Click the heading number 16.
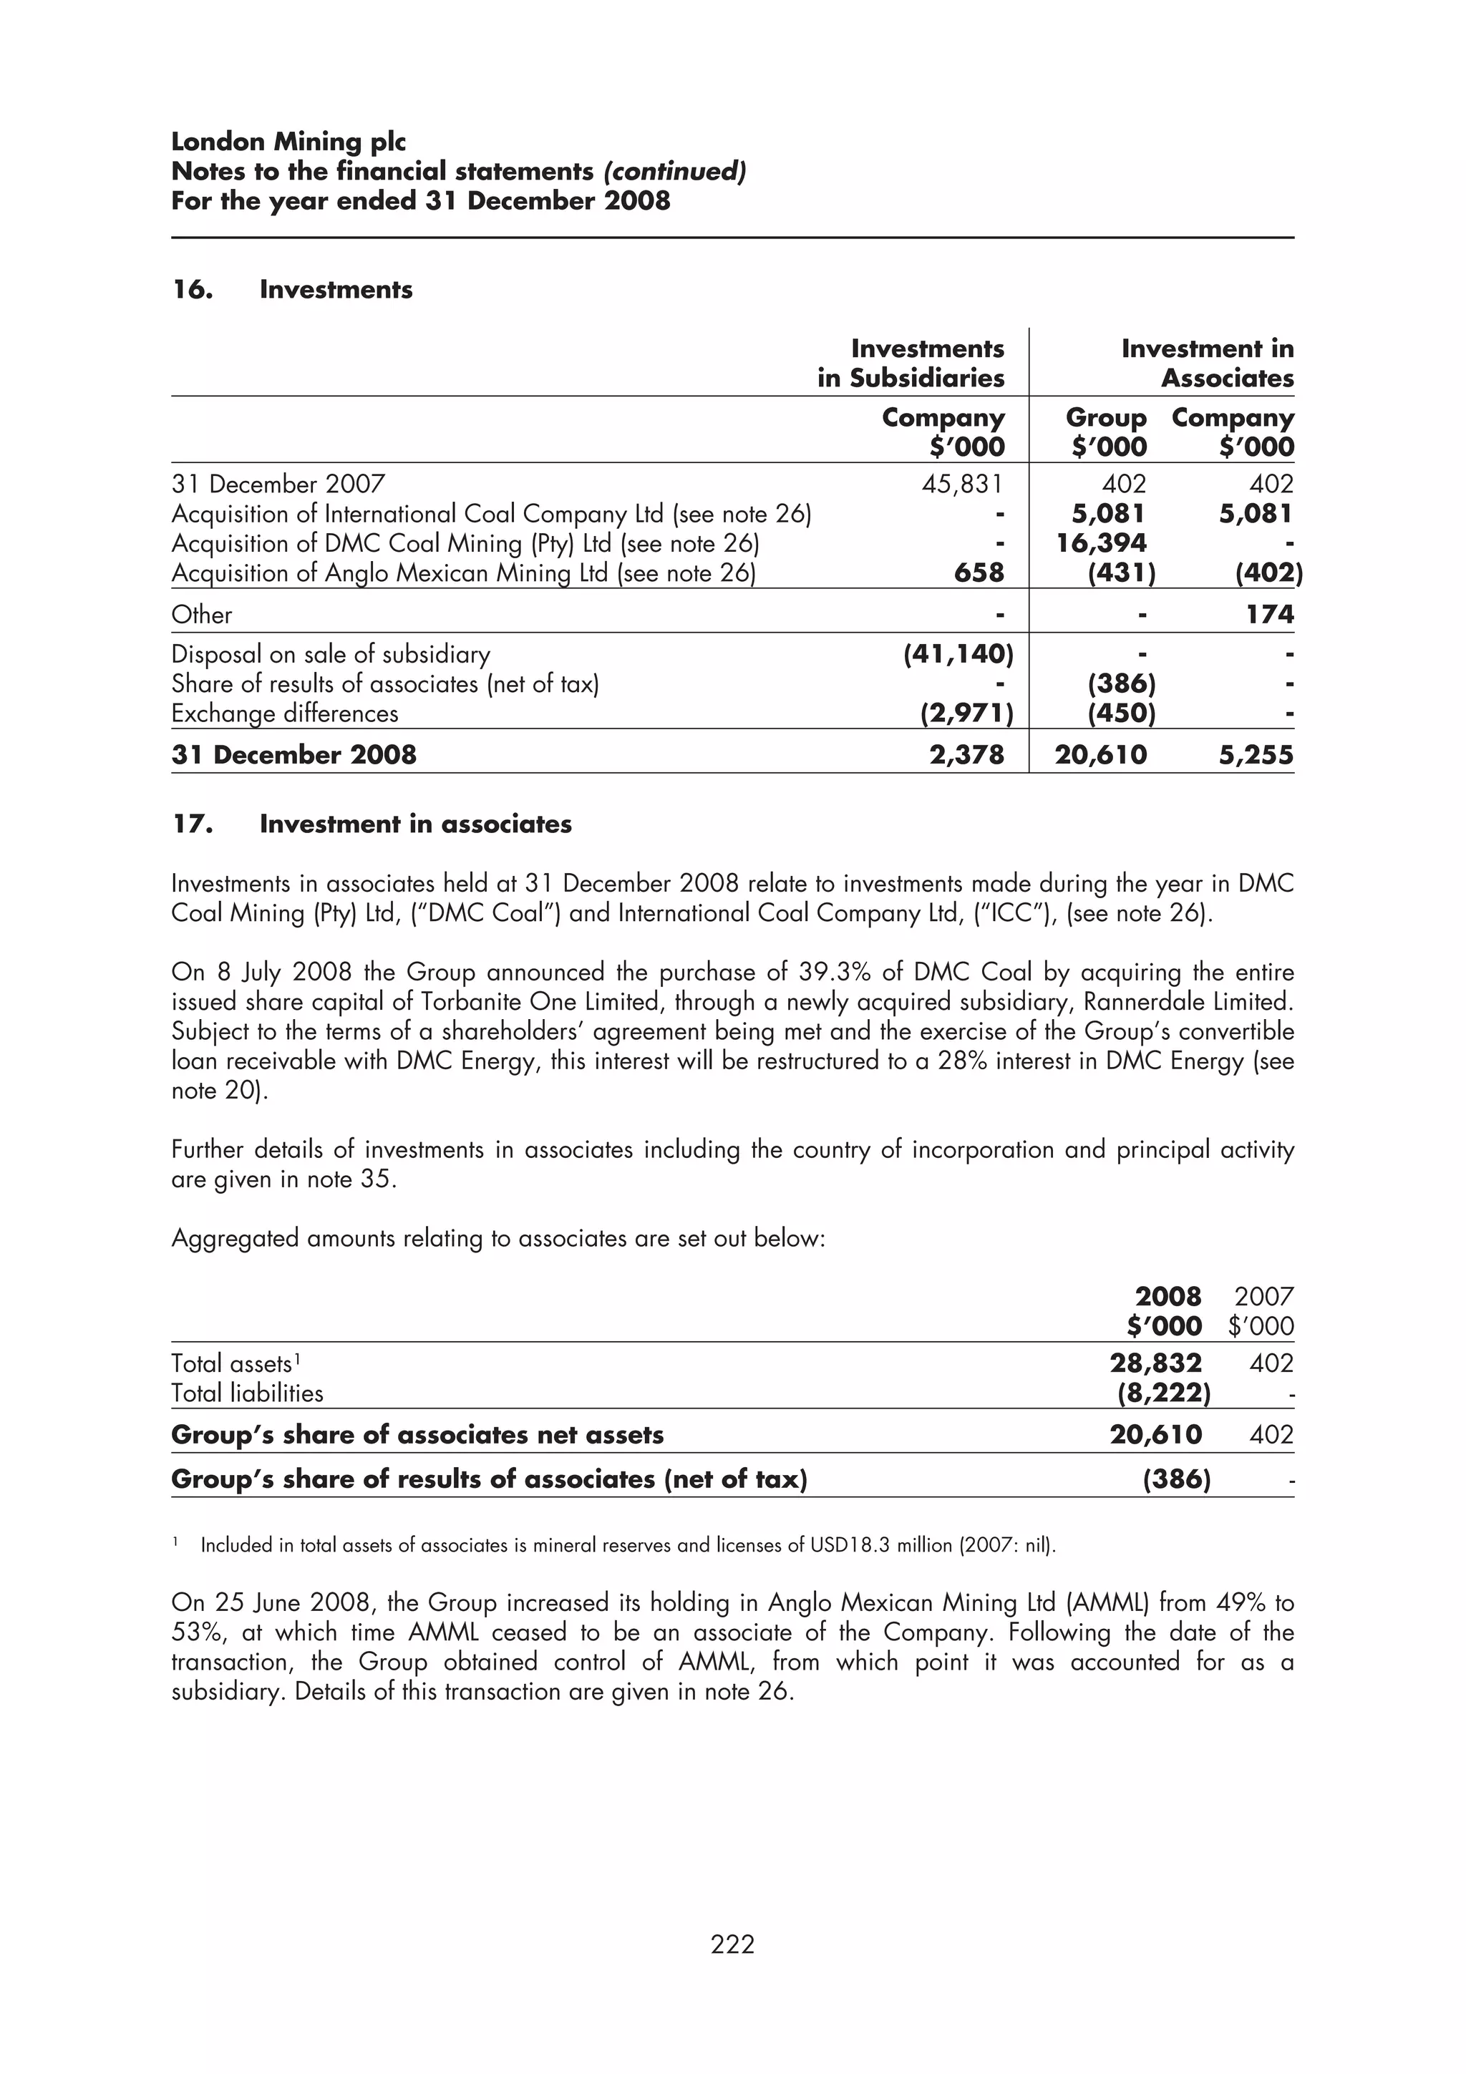(x=192, y=290)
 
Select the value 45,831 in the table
(x=962, y=485)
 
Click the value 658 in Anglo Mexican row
(x=979, y=573)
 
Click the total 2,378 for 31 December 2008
(x=966, y=754)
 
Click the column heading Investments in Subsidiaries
(x=911, y=363)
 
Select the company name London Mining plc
(x=288, y=142)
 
